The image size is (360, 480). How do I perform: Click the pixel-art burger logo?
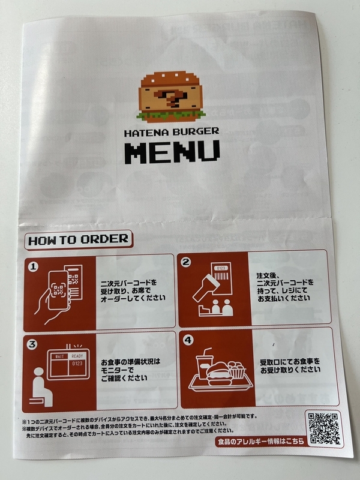(x=172, y=97)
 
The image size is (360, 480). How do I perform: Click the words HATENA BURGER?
(x=172, y=132)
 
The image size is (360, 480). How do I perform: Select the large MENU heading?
(x=172, y=152)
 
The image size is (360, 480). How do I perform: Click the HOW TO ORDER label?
(x=79, y=239)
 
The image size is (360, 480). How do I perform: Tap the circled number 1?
(x=33, y=266)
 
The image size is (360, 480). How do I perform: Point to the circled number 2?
(x=186, y=262)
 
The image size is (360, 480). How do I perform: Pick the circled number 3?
(x=32, y=344)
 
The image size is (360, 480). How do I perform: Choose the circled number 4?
(x=188, y=340)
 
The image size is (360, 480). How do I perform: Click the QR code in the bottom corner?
(x=324, y=428)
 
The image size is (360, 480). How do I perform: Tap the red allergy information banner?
(x=261, y=442)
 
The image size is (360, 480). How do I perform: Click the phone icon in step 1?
(x=58, y=290)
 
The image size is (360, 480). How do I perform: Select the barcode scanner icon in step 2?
(x=206, y=288)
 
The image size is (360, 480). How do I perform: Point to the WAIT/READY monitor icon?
(x=68, y=364)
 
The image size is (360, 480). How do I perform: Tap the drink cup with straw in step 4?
(x=203, y=364)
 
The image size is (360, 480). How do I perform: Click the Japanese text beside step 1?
(x=133, y=290)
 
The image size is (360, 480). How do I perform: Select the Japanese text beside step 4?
(x=290, y=366)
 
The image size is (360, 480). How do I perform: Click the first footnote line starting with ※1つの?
(x=139, y=417)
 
